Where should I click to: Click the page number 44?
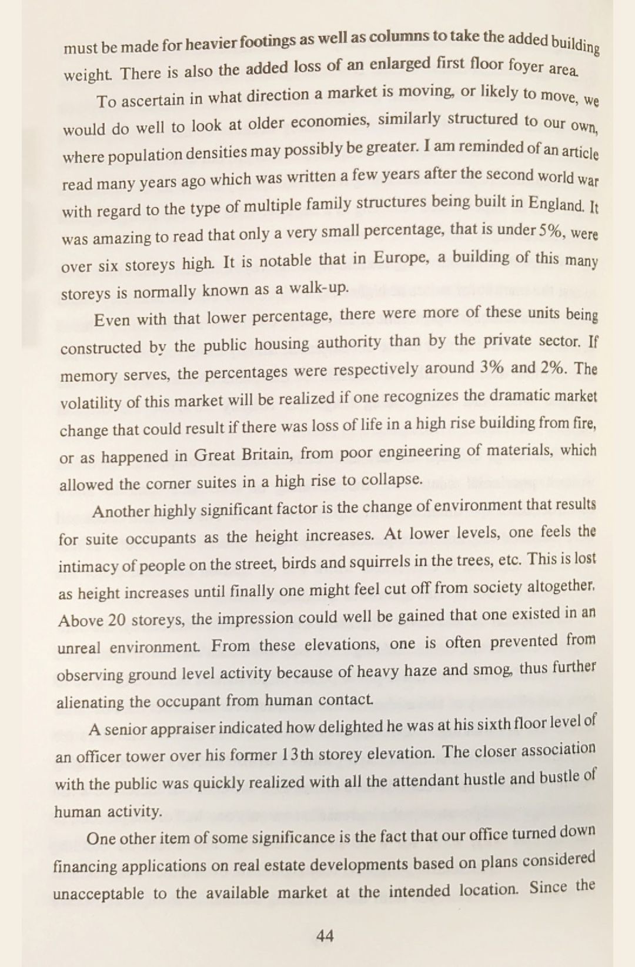(325, 935)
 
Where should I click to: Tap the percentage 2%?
(553, 368)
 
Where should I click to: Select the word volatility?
(91, 403)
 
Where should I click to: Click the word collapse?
(392, 480)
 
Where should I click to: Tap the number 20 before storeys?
(118, 620)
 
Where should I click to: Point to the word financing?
(85, 866)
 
